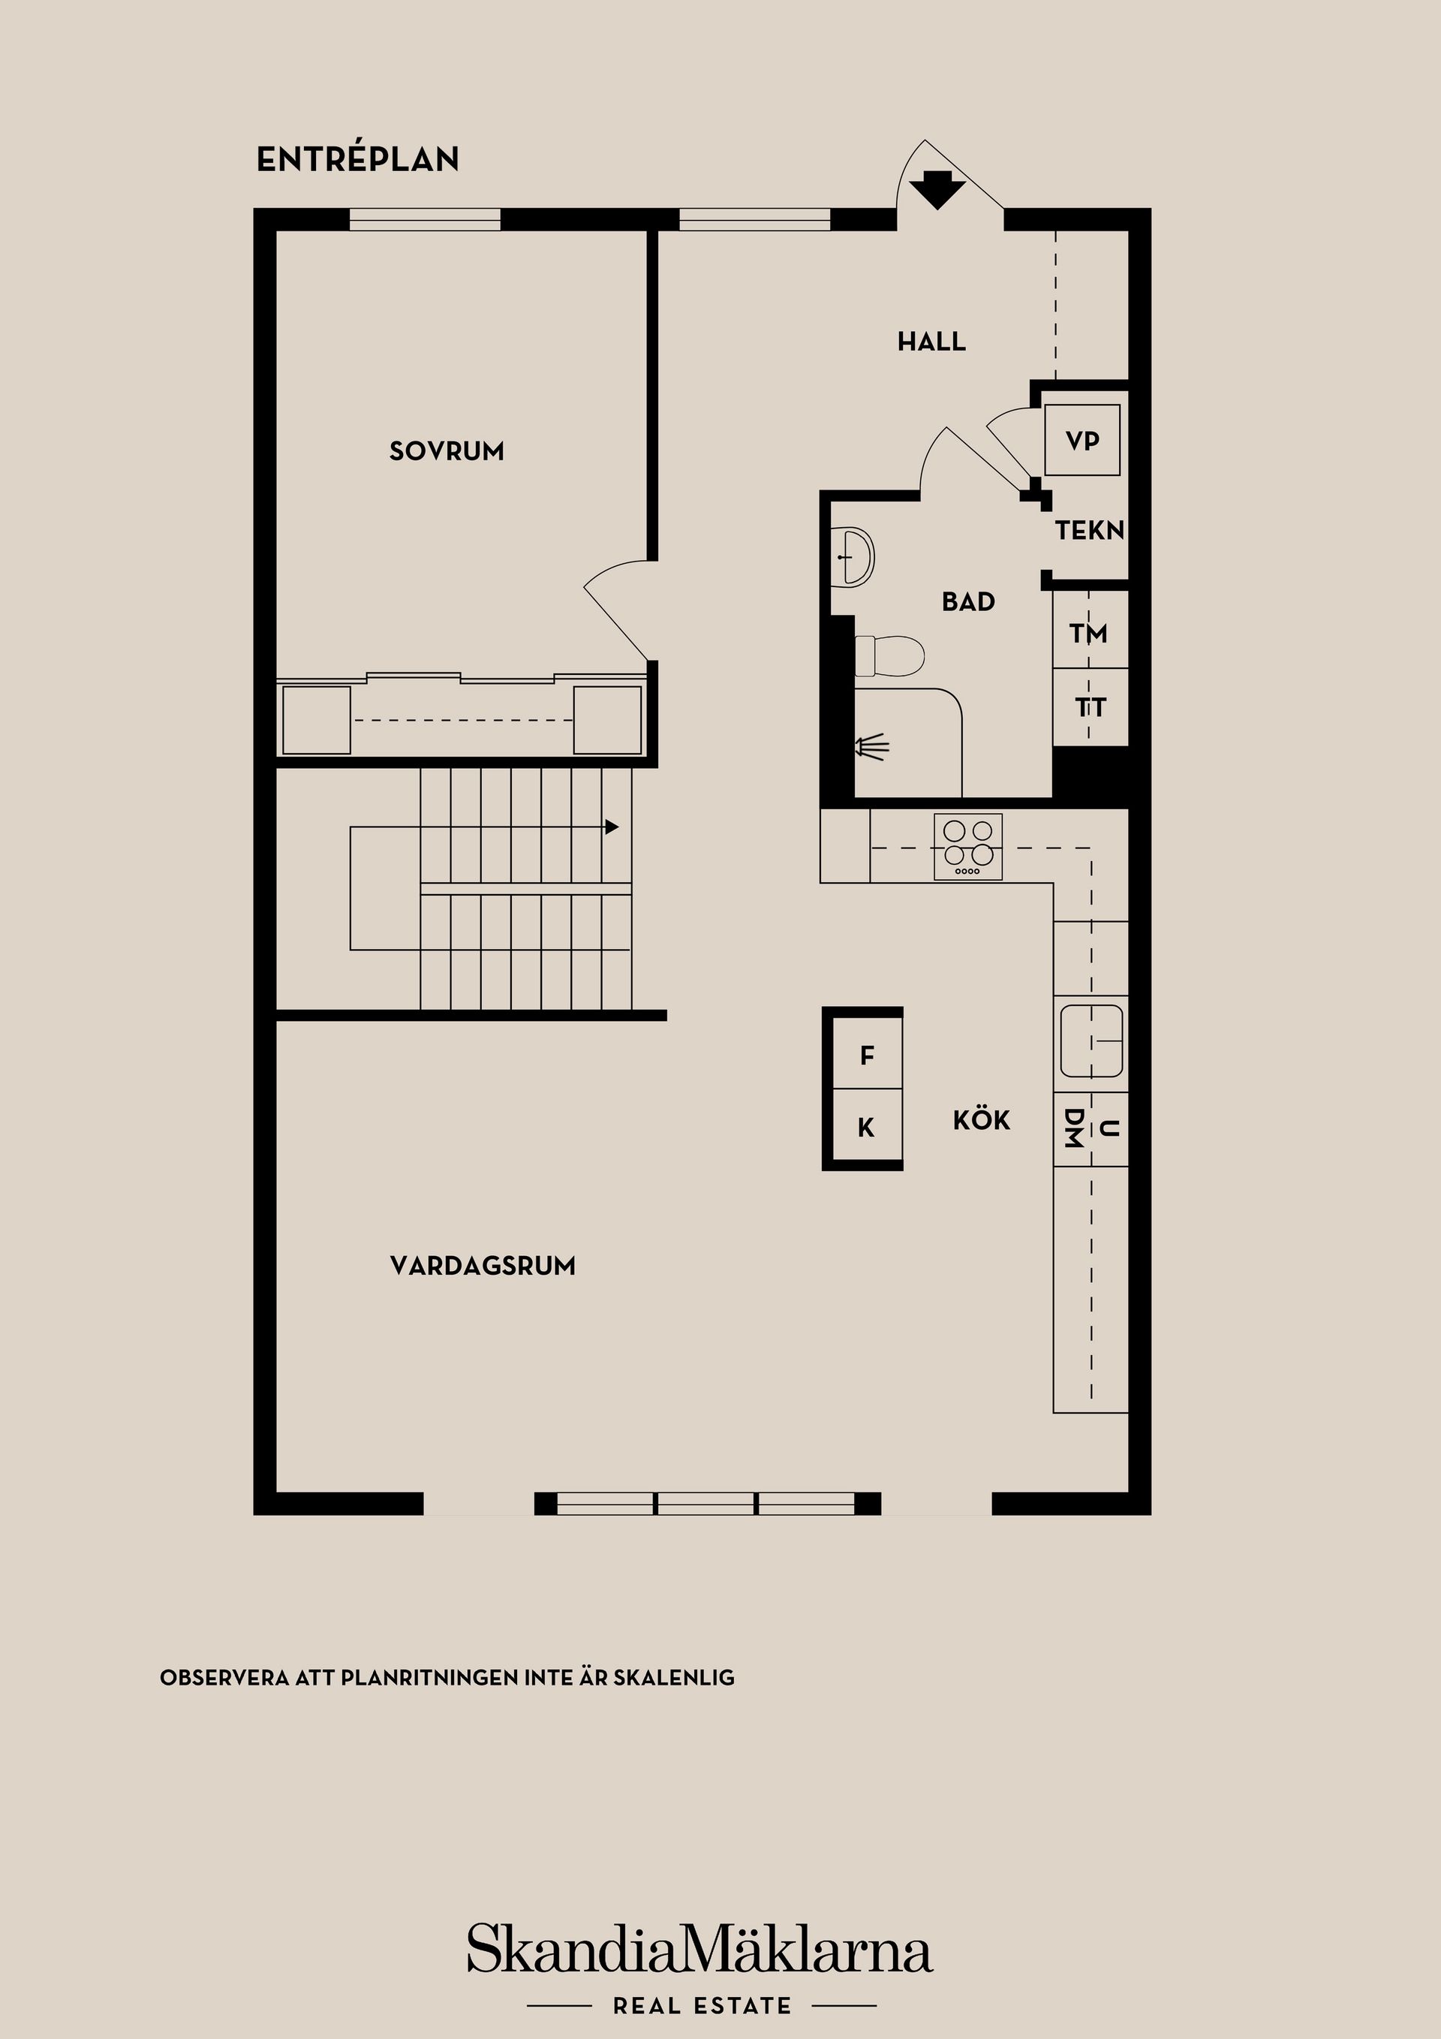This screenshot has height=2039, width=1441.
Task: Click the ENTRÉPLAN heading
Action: tap(358, 159)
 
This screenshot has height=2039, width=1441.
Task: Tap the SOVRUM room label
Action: tap(447, 451)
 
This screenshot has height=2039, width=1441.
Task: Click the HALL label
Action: tap(931, 342)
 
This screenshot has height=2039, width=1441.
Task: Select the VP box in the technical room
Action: tap(1082, 441)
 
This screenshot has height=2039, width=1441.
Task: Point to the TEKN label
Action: tap(1090, 531)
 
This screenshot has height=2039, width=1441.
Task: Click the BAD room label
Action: tap(967, 602)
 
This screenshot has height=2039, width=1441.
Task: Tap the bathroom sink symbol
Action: tap(854, 556)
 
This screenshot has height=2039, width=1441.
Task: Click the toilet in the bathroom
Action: tap(889, 655)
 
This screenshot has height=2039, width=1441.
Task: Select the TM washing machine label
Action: tap(1088, 633)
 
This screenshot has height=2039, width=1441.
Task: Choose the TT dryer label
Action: tap(1091, 708)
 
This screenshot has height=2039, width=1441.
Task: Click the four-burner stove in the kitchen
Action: tap(967, 846)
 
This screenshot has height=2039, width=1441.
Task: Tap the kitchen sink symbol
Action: tap(1091, 1040)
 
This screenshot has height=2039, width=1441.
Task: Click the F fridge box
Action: tap(868, 1056)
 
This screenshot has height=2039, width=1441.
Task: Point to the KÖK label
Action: tap(981, 1121)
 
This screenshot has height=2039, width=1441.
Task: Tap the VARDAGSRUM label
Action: tap(482, 1266)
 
